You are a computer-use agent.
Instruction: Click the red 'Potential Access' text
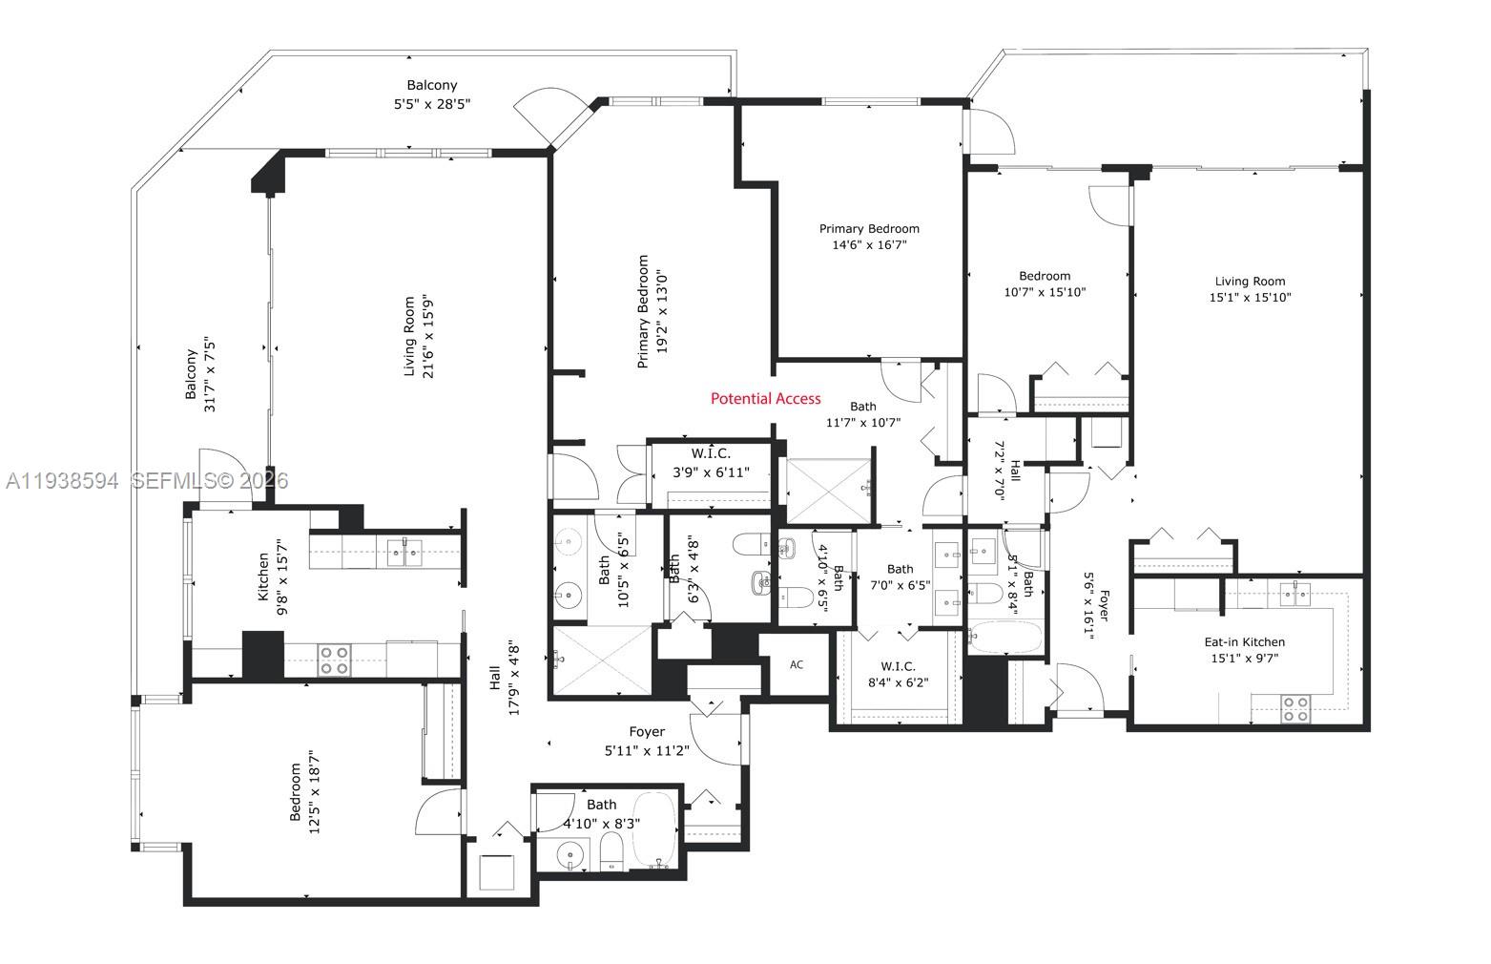click(x=765, y=398)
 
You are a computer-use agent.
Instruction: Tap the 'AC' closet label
click(x=797, y=664)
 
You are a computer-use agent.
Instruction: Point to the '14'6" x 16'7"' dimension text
click(x=869, y=244)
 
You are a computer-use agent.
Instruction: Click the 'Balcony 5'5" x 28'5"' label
click(x=432, y=94)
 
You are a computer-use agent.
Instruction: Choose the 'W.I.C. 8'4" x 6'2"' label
click(x=897, y=674)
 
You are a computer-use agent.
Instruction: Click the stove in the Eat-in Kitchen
click(x=1294, y=707)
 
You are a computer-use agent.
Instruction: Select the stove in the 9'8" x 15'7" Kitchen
click(x=333, y=660)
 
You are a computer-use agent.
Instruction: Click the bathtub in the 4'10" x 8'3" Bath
click(x=653, y=828)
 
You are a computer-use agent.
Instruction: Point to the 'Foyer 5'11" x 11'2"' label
click(x=647, y=741)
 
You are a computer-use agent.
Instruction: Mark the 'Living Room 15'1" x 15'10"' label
click(x=1250, y=289)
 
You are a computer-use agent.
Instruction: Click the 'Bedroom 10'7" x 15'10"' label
click(x=1045, y=284)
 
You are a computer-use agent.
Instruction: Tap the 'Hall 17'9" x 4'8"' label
click(x=504, y=677)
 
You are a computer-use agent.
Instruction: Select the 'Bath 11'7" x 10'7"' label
click(x=862, y=414)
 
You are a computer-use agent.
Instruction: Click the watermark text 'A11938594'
click(x=61, y=481)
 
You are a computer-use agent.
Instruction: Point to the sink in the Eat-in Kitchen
click(x=1294, y=594)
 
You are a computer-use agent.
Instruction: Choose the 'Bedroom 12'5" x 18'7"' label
click(x=304, y=791)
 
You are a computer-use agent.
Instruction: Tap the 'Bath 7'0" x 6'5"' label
click(x=900, y=576)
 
